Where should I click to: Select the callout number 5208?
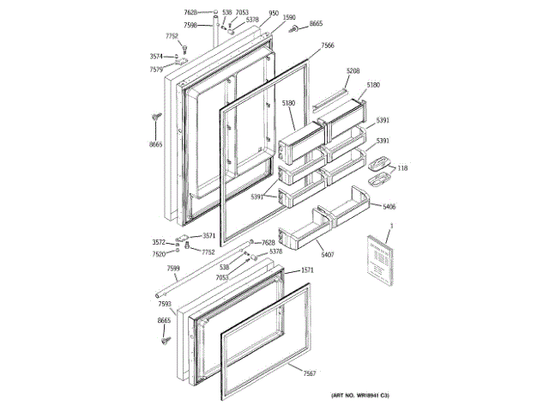pos(353,71)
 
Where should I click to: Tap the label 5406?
pos(389,207)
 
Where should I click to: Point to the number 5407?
pos(328,255)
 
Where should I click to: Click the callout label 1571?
pos(307,270)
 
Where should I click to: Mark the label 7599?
pos(173,270)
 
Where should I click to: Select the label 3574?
pos(155,58)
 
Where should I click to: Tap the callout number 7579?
pos(155,70)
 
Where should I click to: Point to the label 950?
pos(273,14)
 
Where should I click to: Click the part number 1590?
pos(289,17)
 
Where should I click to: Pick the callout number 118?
pos(402,168)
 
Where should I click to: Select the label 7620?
pos(159,254)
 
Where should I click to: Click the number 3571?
pos(208,235)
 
